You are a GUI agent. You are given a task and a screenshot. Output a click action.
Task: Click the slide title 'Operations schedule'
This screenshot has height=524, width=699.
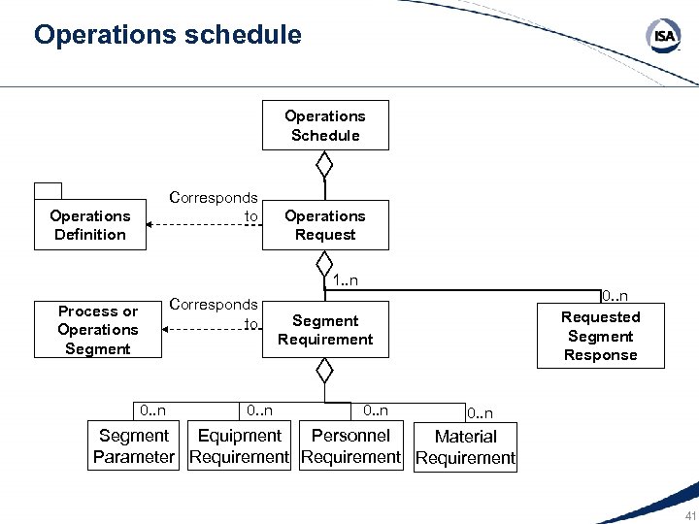point(167,36)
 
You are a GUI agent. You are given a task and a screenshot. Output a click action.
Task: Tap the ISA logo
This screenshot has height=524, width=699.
point(663,37)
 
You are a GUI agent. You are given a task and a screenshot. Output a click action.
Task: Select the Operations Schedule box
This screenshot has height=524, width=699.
point(325,125)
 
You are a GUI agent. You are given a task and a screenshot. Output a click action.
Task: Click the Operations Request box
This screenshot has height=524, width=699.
point(325,225)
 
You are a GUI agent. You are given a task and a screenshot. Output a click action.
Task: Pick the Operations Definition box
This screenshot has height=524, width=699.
point(89,225)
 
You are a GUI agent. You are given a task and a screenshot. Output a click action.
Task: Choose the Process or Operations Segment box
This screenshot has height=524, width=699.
point(97,330)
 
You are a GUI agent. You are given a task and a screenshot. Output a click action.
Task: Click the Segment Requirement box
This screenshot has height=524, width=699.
point(325,330)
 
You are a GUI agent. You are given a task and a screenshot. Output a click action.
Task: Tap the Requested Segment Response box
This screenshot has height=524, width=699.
point(601,336)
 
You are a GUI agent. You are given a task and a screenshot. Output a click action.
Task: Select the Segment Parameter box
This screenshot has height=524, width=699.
point(134,446)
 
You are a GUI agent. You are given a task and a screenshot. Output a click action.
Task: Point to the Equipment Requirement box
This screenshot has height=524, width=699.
point(239,446)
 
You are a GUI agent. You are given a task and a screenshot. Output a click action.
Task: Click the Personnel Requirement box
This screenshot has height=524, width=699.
point(350,446)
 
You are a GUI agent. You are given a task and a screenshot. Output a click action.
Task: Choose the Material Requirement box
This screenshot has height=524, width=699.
point(465,447)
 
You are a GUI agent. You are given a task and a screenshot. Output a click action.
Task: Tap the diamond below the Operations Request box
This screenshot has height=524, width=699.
point(325,264)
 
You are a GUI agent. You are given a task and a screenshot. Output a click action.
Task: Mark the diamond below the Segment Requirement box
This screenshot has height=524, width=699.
point(325,371)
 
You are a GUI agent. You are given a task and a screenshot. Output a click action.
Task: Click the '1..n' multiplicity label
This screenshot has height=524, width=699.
point(345,281)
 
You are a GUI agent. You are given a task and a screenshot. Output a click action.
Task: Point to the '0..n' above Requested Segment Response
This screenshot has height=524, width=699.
point(614,295)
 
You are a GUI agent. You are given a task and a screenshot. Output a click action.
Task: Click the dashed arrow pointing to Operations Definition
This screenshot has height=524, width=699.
point(204,225)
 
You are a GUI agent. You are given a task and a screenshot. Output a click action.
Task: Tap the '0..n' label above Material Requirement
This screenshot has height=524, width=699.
point(480,413)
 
